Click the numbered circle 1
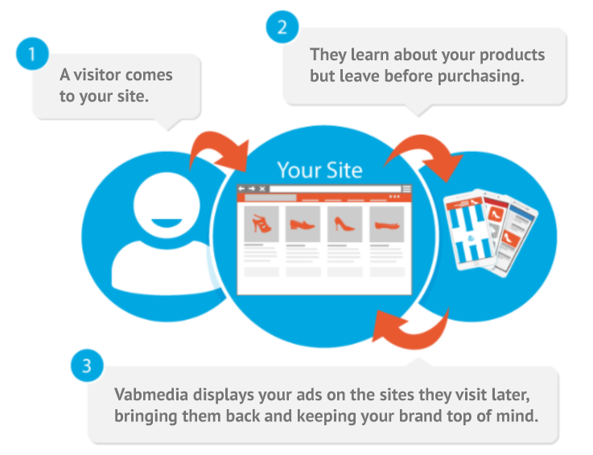coord(32,54)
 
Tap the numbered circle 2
coord(282,27)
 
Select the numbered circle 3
coord(87,366)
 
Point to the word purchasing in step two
coord(480,76)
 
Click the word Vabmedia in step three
coord(151,395)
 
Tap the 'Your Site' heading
coord(320,170)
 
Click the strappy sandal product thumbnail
coord(261,224)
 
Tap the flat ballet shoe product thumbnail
coord(387,224)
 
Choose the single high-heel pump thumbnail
coord(344,224)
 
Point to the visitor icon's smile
coord(167,223)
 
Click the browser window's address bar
coord(335,189)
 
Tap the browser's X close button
coord(262,189)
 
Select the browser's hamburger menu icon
coord(406,189)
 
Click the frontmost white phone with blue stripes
coord(470,232)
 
